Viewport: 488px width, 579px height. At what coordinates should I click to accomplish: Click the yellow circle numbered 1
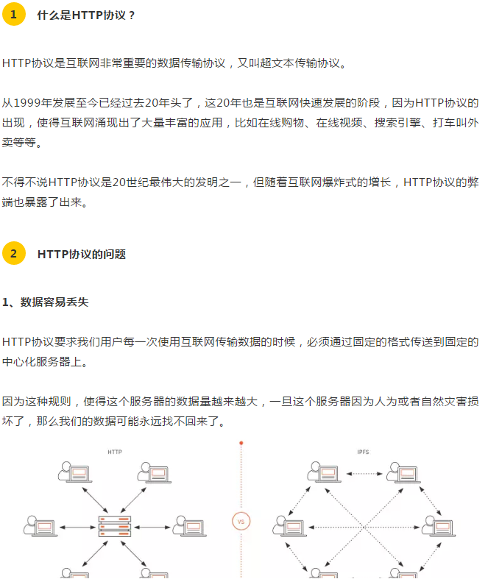pyautogui.click(x=14, y=15)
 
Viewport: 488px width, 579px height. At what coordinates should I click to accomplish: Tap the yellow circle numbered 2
pyautogui.click(x=14, y=253)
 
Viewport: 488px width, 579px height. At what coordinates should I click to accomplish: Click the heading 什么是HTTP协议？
pyautogui.click(x=86, y=15)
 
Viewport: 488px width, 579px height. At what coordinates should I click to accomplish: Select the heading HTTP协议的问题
pyautogui.click(x=82, y=254)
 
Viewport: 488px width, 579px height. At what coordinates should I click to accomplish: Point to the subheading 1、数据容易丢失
pyautogui.click(x=46, y=302)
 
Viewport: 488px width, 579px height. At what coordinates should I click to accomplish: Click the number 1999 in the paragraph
pyautogui.click(x=27, y=103)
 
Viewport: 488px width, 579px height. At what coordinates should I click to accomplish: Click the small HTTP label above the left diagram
pyautogui.click(x=115, y=452)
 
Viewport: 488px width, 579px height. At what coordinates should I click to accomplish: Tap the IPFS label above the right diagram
pyautogui.click(x=363, y=452)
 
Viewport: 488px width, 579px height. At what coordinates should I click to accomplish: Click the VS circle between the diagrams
pyautogui.click(x=241, y=522)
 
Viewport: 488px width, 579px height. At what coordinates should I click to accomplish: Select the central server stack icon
pyautogui.click(x=115, y=526)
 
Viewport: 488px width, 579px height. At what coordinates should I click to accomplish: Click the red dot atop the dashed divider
pyautogui.click(x=241, y=443)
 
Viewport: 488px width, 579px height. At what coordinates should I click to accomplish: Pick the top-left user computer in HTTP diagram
pyautogui.click(x=75, y=472)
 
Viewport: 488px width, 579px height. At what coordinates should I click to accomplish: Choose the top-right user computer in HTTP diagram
pyautogui.click(x=155, y=472)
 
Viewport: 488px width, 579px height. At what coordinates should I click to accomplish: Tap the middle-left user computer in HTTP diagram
pyautogui.click(x=40, y=526)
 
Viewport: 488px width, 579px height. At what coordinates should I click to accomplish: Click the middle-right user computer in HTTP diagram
pyautogui.click(x=190, y=526)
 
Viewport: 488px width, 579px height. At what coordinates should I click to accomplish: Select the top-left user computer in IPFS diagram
pyautogui.click(x=325, y=472)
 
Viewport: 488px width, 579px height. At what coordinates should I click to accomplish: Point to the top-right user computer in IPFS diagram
pyautogui.click(x=403, y=472)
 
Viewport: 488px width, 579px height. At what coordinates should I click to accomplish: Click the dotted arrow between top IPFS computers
pyautogui.click(x=364, y=473)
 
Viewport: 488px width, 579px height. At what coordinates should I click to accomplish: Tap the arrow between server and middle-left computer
pyautogui.click(x=77, y=528)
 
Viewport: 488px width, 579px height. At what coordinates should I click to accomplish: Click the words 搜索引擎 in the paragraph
pyautogui.click(x=397, y=123)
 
